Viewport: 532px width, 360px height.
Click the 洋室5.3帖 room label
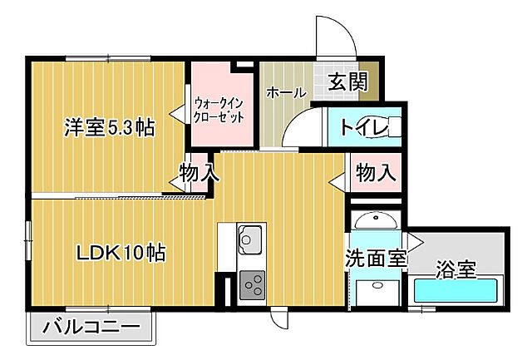[x=110, y=127]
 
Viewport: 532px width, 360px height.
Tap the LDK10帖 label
[x=121, y=253]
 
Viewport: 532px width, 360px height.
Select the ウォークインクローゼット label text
[x=219, y=110]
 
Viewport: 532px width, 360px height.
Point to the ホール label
[x=286, y=92]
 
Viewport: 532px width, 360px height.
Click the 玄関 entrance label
[x=347, y=81]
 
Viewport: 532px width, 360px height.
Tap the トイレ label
[x=364, y=127]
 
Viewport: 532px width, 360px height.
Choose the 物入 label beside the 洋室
[x=199, y=172]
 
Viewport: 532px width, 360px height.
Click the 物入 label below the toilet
[x=376, y=172]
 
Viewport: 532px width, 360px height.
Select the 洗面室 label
[x=376, y=259]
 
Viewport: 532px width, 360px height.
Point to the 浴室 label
[x=456, y=269]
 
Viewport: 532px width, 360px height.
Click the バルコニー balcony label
[x=91, y=327]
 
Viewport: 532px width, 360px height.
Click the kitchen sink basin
[x=250, y=239]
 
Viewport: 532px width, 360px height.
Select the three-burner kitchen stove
[x=252, y=285]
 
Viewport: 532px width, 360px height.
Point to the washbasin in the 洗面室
[x=376, y=220]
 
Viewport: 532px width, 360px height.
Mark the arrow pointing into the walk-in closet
[x=178, y=112]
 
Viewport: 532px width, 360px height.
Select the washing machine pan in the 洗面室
[x=377, y=293]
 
